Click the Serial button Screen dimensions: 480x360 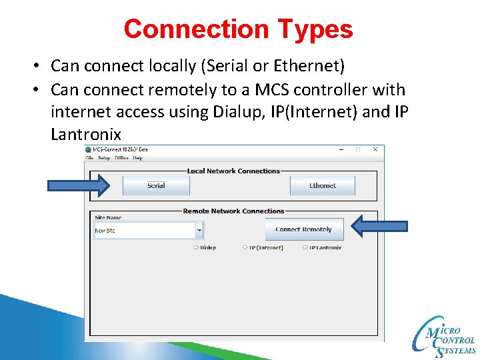pyautogui.click(x=156, y=185)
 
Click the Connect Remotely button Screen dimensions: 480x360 pyautogui.click(x=303, y=229)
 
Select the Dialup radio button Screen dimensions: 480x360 pyautogui.click(x=196, y=247)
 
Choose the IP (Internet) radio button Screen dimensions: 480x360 pyautogui.click(x=245, y=247)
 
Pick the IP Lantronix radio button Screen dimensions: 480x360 pyautogui.click(x=305, y=247)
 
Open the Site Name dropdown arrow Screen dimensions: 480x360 pyautogui.click(x=199, y=231)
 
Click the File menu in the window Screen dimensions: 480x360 pyautogui.click(x=89, y=158)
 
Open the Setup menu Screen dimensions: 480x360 pyautogui.click(x=104, y=158)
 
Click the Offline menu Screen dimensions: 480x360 pyautogui.click(x=121, y=158)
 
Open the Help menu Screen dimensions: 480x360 pyautogui.click(x=138, y=158)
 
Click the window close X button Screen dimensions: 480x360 pyautogui.click(x=375, y=149)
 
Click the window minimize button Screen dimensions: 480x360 pyautogui.click(x=341, y=149)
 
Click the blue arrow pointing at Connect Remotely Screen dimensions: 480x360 pyautogui.click(x=379, y=227)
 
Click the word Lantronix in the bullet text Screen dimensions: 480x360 pyautogui.click(x=86, y=134)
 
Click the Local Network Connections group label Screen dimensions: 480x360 pyautogui.click(x=233, y=171)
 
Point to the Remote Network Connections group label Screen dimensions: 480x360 pyautogui.click(x=233, y=211)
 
